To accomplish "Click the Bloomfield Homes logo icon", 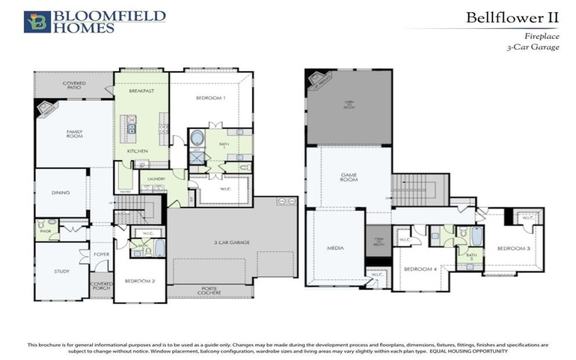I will click(x=36, y=22).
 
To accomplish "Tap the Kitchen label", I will click(x=138, y=150).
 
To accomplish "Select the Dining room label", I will click(x=61, y=192).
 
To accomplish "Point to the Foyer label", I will click(x=100, y=254).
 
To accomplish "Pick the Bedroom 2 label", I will click(x=140, y=281).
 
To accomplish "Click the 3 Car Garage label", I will click(x=231, y=243).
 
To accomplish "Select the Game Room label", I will click(x=349, y=176).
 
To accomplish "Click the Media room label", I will click(x=335, y=248).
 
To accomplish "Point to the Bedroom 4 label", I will click(x=420, y=269).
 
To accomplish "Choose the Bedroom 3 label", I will click(x=513, y=248).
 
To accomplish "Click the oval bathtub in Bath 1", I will click(x=197, y=138).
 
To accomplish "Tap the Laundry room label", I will click(x=157, y=179).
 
